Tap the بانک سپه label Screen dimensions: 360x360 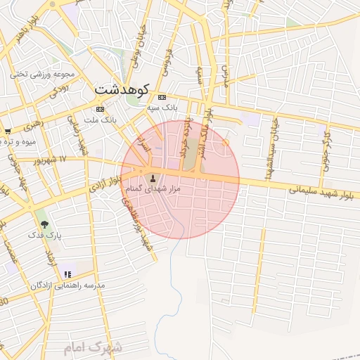click(x=162, y=108)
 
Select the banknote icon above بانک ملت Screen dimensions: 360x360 click(x=100, y=110)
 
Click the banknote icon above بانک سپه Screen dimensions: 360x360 click(x=162, y=97)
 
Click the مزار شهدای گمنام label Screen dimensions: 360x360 click(x=153, y=189)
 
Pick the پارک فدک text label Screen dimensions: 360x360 click(x=46, y=236)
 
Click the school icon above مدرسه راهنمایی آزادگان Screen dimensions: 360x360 click(x=67, y=274)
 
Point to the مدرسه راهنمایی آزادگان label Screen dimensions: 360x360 click(x=67, y=285)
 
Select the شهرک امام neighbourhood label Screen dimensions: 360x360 click(x=92, y=347)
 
